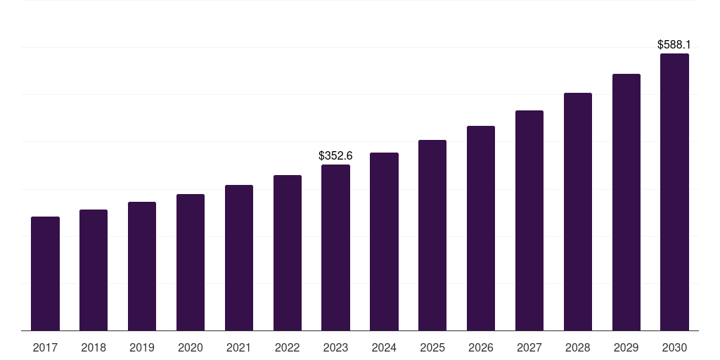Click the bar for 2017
(x=45, y=274)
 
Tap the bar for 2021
(x=239, y=257)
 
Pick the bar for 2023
(x=335, y=247)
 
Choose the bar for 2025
(x=432, y=235)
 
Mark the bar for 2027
(x=529, y=220)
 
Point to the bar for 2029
(x=626, y=202)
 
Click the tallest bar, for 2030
(x=674, y=192)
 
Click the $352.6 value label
(x=335, y=155)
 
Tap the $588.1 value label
(x=674, y=44)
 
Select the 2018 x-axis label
(x=94, y=347)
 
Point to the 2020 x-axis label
(x=191, y=347)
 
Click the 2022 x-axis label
(x=287, y=347)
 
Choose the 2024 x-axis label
(x=384, y=347)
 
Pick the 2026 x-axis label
(x=481, y=347)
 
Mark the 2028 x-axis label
(x=578, y=347)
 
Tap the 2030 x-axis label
(x=674, y=347)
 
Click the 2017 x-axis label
(x=45, y=347)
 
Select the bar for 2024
(x=384, y=241)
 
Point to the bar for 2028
(x=578, y=212)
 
